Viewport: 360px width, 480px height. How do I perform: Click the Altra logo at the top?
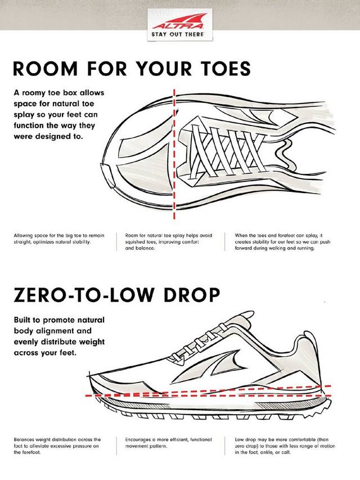tap(179, 21)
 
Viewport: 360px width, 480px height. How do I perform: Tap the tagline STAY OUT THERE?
tap(178, 34)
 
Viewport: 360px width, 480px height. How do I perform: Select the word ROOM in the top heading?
tap(46, 69)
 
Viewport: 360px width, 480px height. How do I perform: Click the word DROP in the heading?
tap(192, 294)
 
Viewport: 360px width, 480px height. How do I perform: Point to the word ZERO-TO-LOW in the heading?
tap(83, 294)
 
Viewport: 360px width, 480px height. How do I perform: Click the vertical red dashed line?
tap(174, 154)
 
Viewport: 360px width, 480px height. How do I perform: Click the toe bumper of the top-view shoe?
tap(109, 176)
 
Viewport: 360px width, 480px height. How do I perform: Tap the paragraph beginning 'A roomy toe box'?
tap(59, 114)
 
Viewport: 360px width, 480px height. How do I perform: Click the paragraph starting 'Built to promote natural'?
tap(60, 336)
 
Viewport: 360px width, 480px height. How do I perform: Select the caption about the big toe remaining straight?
tap(59, 239)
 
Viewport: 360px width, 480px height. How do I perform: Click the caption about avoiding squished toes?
tap(168, 241)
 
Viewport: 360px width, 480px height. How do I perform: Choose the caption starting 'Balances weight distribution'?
tap(57, 446)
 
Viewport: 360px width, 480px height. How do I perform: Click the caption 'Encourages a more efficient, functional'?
tap(168, 443)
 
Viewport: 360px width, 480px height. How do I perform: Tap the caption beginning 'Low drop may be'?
tap(285, 446)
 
